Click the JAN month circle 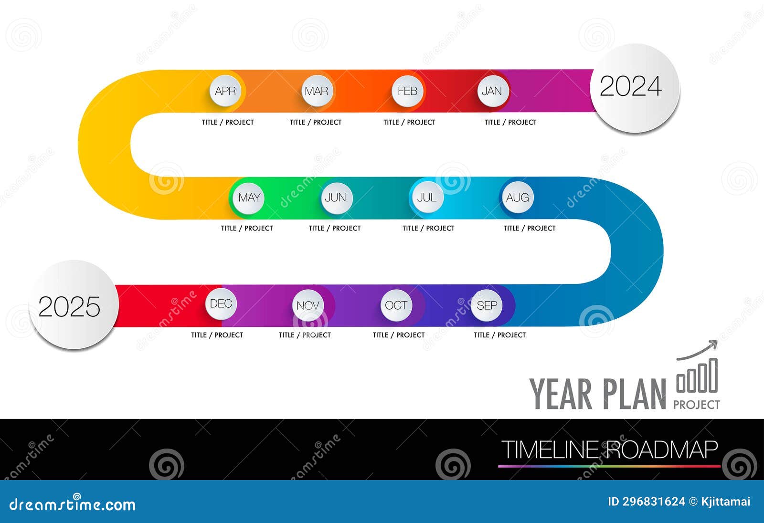pos(492,91)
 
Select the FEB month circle pos(407,91)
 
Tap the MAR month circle pos(317,91)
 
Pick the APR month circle pos(225,91)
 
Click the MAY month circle pos(249,198)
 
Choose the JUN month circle pos(336,198)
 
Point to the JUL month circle pos(426,198)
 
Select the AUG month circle pos(518,198)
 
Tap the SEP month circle pos(487,305)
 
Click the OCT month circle pos(396,305)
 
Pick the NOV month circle pos(308,305)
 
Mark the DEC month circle pos(221,304)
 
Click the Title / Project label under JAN pos(510,122)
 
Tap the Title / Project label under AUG pos(530,228)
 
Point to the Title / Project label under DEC pos(217,335)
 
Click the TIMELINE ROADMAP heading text pos(609,450)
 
